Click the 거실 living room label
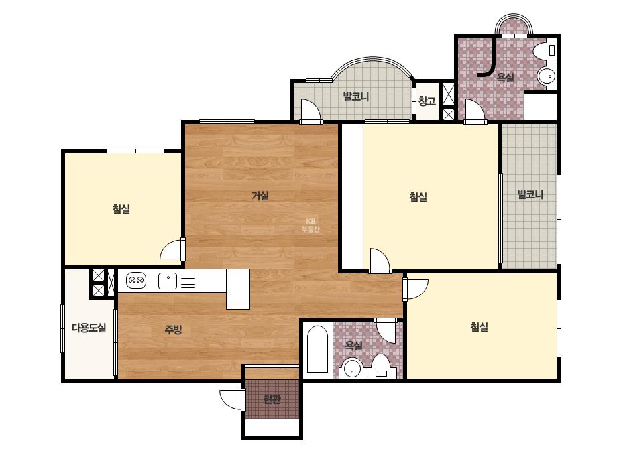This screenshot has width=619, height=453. (260, 195)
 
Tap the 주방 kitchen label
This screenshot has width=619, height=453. (173, 329)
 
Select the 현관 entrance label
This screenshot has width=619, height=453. (272, 399)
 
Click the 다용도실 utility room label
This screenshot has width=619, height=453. (89, 328)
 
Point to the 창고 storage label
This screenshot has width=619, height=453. (427, 101)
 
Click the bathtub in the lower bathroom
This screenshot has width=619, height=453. (317, 349)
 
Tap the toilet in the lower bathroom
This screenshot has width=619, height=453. (380, 366)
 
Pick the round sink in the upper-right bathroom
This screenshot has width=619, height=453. (547, 76)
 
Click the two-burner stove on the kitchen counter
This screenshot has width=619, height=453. (136, 281)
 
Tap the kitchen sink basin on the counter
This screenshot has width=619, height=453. (168, 281)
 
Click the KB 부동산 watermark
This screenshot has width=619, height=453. (311, 225)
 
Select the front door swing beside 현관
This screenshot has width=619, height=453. (231, 399)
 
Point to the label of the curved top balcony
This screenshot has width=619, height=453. (355, 96)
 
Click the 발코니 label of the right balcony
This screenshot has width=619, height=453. (530, 194)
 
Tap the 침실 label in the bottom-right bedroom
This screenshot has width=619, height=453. (480, 327)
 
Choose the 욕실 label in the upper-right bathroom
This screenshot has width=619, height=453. (505, 77)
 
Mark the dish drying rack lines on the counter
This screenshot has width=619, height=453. (188, 281)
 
